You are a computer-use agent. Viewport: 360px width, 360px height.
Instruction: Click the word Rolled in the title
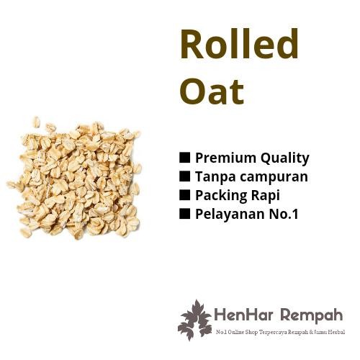(238, 45)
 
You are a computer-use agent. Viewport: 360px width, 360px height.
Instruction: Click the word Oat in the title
(211, 91)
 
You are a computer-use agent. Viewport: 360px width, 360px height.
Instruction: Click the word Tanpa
(214, 176)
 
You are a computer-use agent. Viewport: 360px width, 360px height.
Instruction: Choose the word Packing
(219, 196)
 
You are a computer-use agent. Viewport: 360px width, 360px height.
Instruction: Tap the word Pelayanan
(226, 214)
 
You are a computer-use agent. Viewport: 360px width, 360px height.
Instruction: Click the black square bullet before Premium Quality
(184, 158)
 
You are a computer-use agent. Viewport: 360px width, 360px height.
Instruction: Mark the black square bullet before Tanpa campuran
(184, 176)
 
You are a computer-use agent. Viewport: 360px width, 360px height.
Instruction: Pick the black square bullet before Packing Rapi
(184, 194)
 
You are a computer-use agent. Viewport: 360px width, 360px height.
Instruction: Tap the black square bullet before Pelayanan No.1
(184, 213)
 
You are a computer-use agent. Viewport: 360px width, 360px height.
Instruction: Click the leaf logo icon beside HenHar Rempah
(194, 320)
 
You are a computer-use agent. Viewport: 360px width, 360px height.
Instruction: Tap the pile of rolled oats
(74, 177)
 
